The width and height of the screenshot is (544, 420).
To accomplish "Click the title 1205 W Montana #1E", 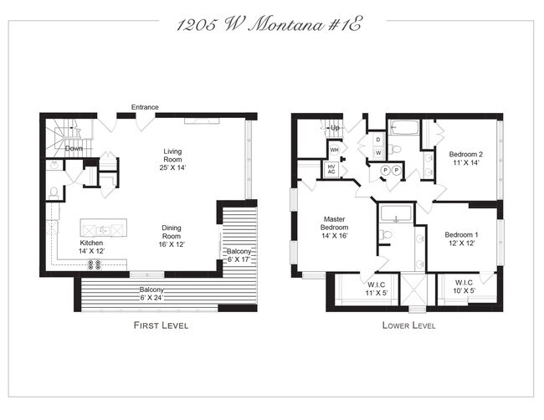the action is [269, 25].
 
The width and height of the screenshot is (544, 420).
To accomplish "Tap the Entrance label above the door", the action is [145, 107].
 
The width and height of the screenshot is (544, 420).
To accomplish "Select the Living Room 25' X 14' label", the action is [172, 160].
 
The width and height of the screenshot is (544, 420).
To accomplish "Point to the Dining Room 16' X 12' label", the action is [172, 236].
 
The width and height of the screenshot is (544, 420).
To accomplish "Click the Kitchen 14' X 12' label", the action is [91, 247].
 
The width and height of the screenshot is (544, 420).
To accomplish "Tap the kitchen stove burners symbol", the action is [95, 265].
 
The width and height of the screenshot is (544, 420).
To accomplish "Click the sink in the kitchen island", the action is [104, 230].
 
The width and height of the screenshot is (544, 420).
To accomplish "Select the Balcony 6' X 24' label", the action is [151, 294].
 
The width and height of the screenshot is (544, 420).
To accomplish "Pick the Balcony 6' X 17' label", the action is [239, 255].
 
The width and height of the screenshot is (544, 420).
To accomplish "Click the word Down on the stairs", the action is [74, 148].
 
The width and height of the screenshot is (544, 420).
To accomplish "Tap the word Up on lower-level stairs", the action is [335, 128].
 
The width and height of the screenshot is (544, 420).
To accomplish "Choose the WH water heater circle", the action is [335, 150].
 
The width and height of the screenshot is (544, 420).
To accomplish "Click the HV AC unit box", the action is [331, 169].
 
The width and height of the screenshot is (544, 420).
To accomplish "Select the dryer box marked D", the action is [378, 140].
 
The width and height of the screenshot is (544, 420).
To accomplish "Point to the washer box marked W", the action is [378, 152].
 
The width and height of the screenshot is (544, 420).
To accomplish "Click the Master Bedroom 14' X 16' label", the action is [335, 228].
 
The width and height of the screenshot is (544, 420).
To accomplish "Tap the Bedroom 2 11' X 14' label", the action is [465, 158].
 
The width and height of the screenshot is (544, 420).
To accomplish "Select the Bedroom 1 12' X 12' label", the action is [461, 239].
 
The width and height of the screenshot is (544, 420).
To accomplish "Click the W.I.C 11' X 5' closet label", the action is [377, 289].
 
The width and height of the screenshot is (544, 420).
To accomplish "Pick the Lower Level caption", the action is [408, 325].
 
